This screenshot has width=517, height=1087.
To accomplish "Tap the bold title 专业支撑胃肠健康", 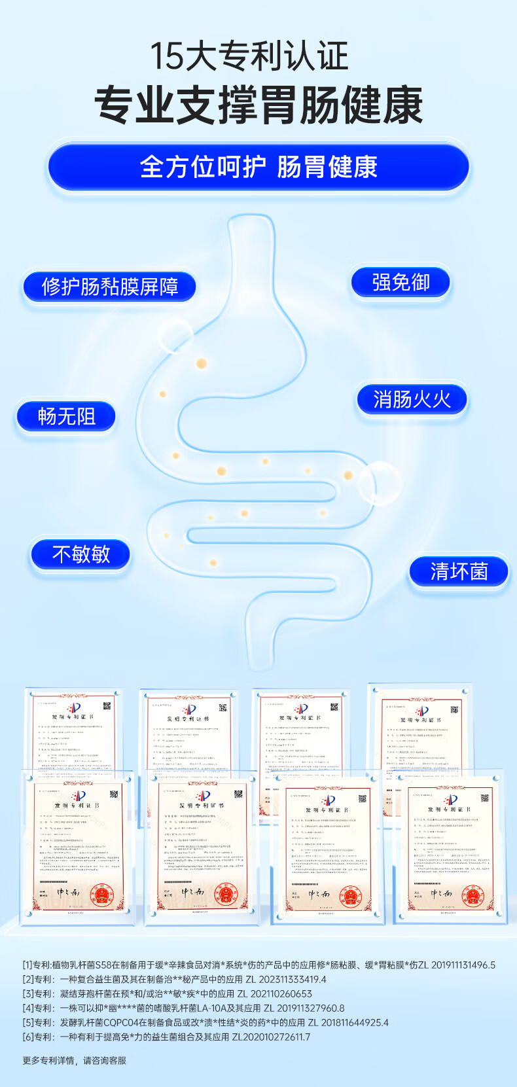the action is coord(258,105).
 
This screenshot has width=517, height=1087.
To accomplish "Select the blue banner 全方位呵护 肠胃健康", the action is coord(258,167).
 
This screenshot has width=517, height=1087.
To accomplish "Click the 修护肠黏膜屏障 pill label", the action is coord(110,287).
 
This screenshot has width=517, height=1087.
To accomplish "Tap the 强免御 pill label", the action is coord(401,283).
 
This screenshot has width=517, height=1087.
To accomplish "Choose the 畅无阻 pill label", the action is coord(67,416).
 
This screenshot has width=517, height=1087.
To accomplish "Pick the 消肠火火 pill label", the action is coord(412,399).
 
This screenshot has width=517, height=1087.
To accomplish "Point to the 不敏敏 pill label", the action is coord(80,554).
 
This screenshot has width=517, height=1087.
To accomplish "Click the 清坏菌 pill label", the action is coord(459,571).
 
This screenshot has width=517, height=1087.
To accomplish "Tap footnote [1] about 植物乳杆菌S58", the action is coord(258,965).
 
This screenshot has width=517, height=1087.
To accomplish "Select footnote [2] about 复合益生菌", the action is coord(174,979).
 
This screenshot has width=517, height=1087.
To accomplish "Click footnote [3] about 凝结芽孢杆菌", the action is coord(168,993).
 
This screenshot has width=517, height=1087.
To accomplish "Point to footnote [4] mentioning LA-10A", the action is coord(183,1008).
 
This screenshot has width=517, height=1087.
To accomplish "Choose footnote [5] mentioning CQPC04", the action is coord(205,1022).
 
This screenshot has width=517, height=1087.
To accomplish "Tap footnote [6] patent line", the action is coord(166,1037).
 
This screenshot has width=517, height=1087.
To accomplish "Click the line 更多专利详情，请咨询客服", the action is coord(75,1060).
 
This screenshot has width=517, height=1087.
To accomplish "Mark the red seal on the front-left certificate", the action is coord(101,894).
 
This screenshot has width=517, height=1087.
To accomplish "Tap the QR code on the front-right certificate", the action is coord(485,798).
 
